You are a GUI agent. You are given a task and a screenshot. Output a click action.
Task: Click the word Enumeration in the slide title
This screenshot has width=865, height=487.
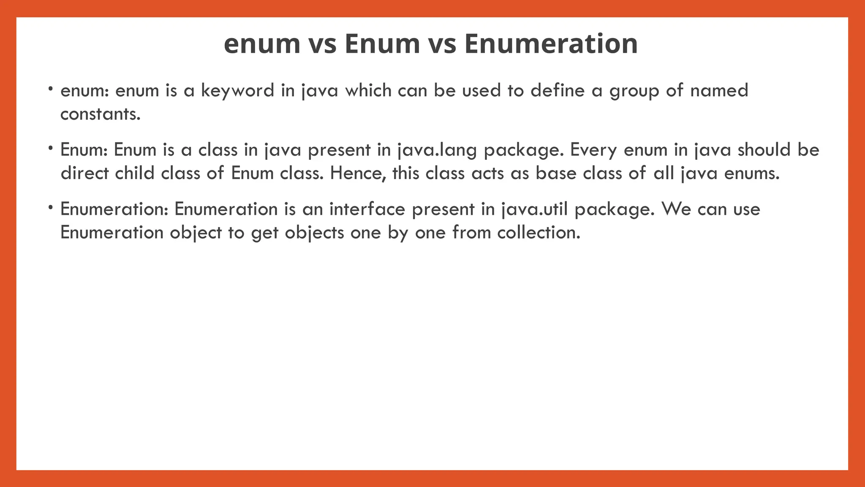coord(551,44)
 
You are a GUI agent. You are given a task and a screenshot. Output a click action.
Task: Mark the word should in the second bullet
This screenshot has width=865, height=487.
coord(764,150)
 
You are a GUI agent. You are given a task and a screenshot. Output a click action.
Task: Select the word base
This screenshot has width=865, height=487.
coord(556,173)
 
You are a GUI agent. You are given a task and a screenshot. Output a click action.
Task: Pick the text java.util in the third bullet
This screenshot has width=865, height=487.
coord(535,209)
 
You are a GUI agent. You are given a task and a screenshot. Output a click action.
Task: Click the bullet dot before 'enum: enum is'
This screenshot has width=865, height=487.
coord(50,89)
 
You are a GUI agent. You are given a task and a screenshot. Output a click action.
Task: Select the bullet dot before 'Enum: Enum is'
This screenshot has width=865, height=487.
coord(50,148)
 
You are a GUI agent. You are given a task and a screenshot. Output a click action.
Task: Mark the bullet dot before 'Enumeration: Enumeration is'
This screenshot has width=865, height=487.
coord(50,207)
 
